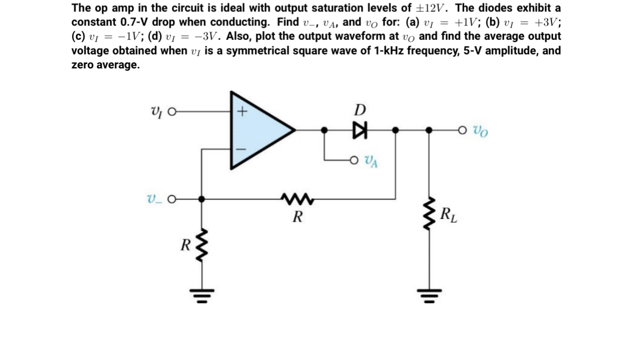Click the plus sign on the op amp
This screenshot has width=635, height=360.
[242, 113]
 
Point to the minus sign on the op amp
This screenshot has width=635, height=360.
[242, 146]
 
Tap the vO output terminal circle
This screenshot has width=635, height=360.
[463, 130]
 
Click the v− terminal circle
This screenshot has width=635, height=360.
[171, 198]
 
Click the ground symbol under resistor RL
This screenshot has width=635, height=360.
[429, 294]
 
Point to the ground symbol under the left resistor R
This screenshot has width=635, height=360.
[203, 294]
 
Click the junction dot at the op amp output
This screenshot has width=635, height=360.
[324, 130]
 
